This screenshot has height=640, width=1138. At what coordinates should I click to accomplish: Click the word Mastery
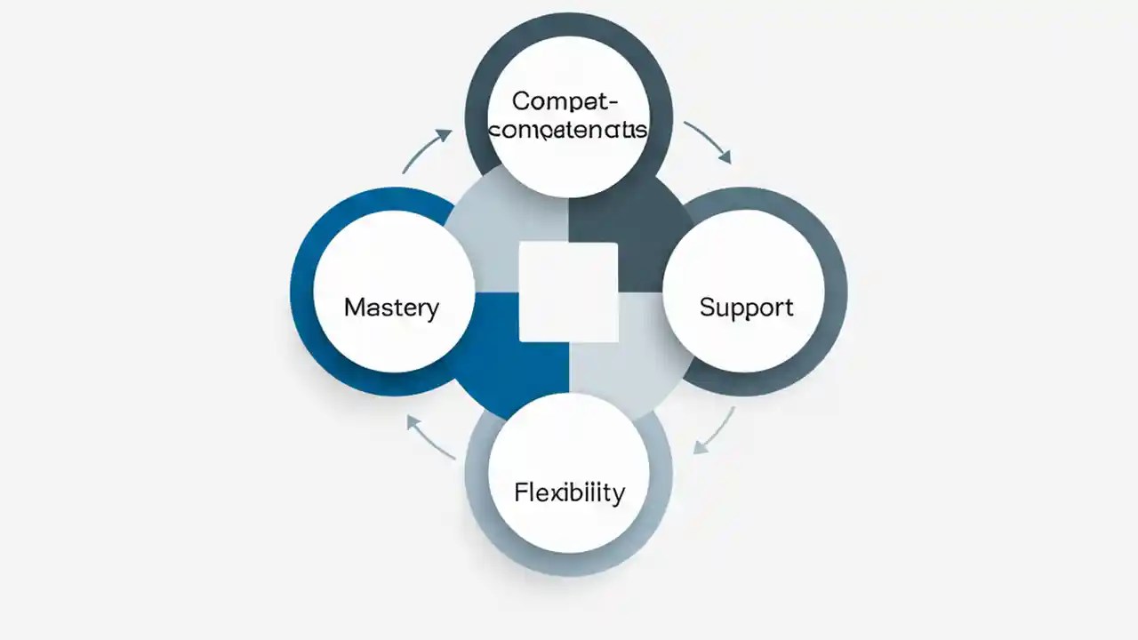coord(391,308)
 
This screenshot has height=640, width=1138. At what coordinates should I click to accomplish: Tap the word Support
coord(746,308)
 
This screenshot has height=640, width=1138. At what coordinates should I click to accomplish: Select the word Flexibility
coord(569,492)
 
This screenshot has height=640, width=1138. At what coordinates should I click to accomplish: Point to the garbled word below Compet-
coord(569,130)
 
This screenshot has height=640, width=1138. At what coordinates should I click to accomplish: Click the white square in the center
coord(568,292)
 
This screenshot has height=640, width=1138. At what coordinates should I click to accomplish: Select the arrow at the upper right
coord(709,142)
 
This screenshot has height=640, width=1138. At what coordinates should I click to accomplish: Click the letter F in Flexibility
coord(520,492)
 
